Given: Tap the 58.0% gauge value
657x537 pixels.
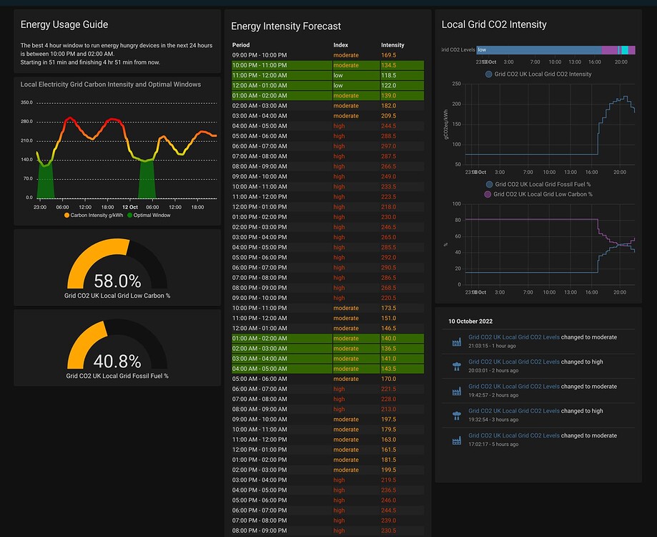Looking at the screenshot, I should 117,281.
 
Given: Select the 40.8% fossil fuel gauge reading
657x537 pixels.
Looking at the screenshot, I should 117,361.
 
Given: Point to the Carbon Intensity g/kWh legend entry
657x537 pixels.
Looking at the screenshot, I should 91,215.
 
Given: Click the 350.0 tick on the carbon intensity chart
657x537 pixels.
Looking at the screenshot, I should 26,102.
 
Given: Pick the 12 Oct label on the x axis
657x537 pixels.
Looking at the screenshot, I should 130,206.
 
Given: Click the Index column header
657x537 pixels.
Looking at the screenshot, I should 341,45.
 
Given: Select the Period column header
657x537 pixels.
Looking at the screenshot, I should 241,45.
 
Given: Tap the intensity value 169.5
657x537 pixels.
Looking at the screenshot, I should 389,55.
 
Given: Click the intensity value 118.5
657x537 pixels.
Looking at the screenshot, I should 389,75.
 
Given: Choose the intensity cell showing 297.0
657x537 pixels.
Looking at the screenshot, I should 389,146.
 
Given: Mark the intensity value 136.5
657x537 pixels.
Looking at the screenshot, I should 389,349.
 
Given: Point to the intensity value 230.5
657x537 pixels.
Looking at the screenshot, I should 389,531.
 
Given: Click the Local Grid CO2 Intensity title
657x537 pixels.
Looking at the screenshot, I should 494,24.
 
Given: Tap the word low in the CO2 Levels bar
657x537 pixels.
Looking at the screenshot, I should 482,50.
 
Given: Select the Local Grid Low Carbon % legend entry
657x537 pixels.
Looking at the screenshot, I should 542,194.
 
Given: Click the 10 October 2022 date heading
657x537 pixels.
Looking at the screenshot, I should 470,321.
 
